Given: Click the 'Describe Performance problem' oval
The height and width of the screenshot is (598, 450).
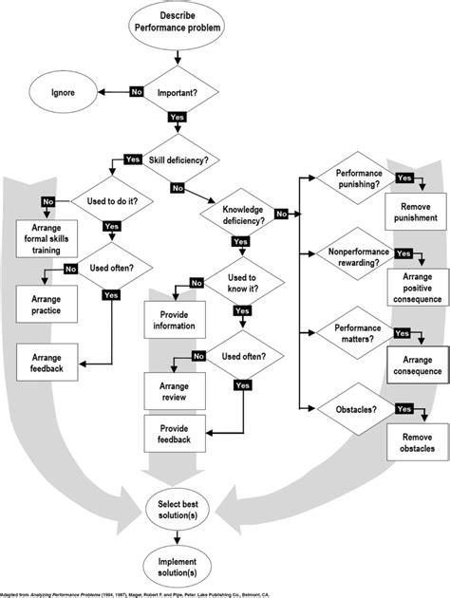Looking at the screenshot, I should [179, 25].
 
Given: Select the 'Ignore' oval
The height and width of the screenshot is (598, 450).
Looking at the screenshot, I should [65, 92].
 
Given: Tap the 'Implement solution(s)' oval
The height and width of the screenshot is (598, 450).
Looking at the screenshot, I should [179, 567].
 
